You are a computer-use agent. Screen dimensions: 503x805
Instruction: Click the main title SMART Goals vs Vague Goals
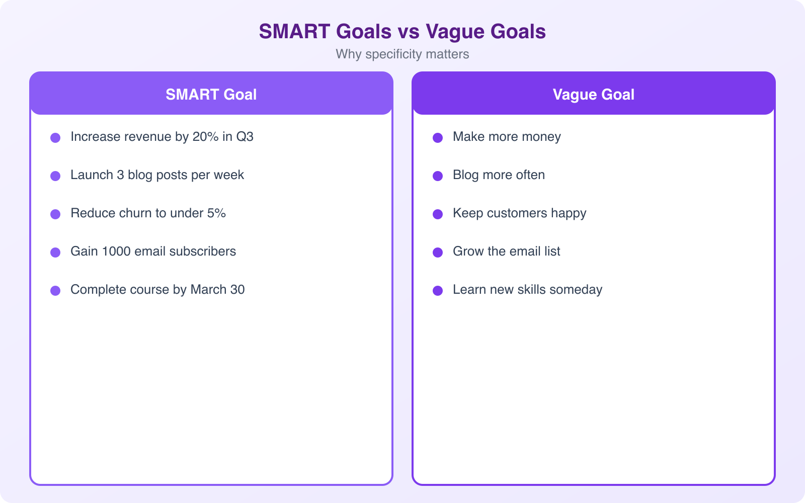402,32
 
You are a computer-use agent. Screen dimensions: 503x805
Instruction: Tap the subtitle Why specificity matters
402,54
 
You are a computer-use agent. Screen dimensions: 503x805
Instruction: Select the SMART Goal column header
211,95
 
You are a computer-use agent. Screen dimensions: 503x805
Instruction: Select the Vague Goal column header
594,95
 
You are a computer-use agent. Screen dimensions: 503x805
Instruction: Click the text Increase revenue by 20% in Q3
162,137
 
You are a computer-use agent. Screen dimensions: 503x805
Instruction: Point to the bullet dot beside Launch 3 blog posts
55,176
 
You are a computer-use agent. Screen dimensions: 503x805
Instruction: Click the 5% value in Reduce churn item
216,213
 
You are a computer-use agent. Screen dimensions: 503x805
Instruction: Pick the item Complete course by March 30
157,290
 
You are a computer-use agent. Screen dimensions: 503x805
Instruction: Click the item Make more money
507,137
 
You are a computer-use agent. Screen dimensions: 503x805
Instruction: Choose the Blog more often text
499,175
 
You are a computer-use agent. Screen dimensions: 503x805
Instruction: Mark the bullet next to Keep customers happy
438,214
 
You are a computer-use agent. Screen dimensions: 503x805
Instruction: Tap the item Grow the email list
506,251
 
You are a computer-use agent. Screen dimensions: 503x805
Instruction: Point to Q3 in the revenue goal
245,137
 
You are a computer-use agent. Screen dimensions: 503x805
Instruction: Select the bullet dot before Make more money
438,137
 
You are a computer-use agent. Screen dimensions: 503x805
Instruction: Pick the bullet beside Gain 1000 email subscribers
55,252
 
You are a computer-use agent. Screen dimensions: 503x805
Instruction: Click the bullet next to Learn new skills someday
438,290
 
